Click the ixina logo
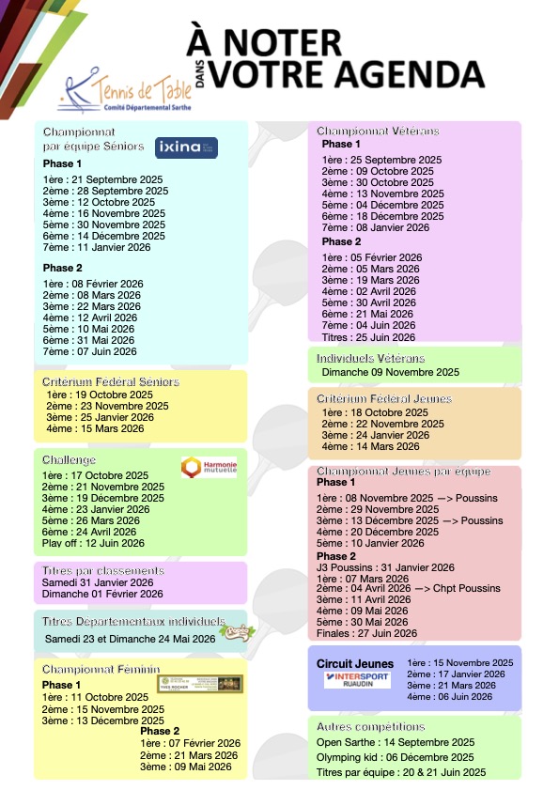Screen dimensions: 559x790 point(186,147)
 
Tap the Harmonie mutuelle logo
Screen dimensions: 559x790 point(208,467)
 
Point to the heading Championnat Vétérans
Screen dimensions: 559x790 point(378,132)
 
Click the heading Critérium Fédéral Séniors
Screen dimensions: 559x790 point(111,382)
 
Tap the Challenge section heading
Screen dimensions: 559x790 point(70,460)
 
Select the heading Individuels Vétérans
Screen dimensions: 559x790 point(370,358)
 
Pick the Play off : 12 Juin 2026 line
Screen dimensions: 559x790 point(94,543)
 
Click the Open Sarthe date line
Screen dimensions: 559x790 point(395,742)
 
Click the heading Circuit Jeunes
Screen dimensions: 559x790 point(355,664)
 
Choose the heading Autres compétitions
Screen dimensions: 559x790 point(370,727)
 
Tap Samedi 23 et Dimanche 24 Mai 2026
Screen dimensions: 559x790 point(131,639)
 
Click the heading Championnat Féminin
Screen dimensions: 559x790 point(101,670)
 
